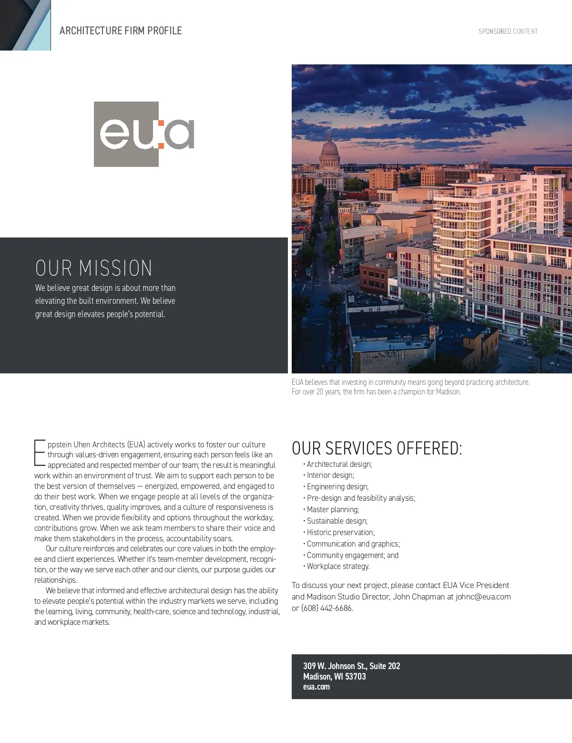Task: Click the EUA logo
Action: click(x=144, y=134)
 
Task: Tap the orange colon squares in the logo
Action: click(x=161, y=134)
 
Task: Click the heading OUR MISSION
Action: click(x=93, y=268)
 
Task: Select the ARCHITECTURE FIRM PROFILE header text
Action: click(x=121, y=31)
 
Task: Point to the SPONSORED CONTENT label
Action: click(x=508, y=31)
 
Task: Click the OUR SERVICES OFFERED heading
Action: click(x=377, y=449)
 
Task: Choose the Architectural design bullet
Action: click(x=339, y=464)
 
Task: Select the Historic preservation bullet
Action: click(x=340, y=532)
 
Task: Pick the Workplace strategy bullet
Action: click(x=338, y=567)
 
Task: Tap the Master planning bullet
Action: click(x=333, y=509)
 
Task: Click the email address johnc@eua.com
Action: click(x=483, y=597)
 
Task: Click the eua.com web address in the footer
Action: click(x=316, y=687)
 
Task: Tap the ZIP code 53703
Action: click(x=356, y=677)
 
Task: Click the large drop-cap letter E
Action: click(x=40, y=453)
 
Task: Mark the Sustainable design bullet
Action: click(x=337, y=521)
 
